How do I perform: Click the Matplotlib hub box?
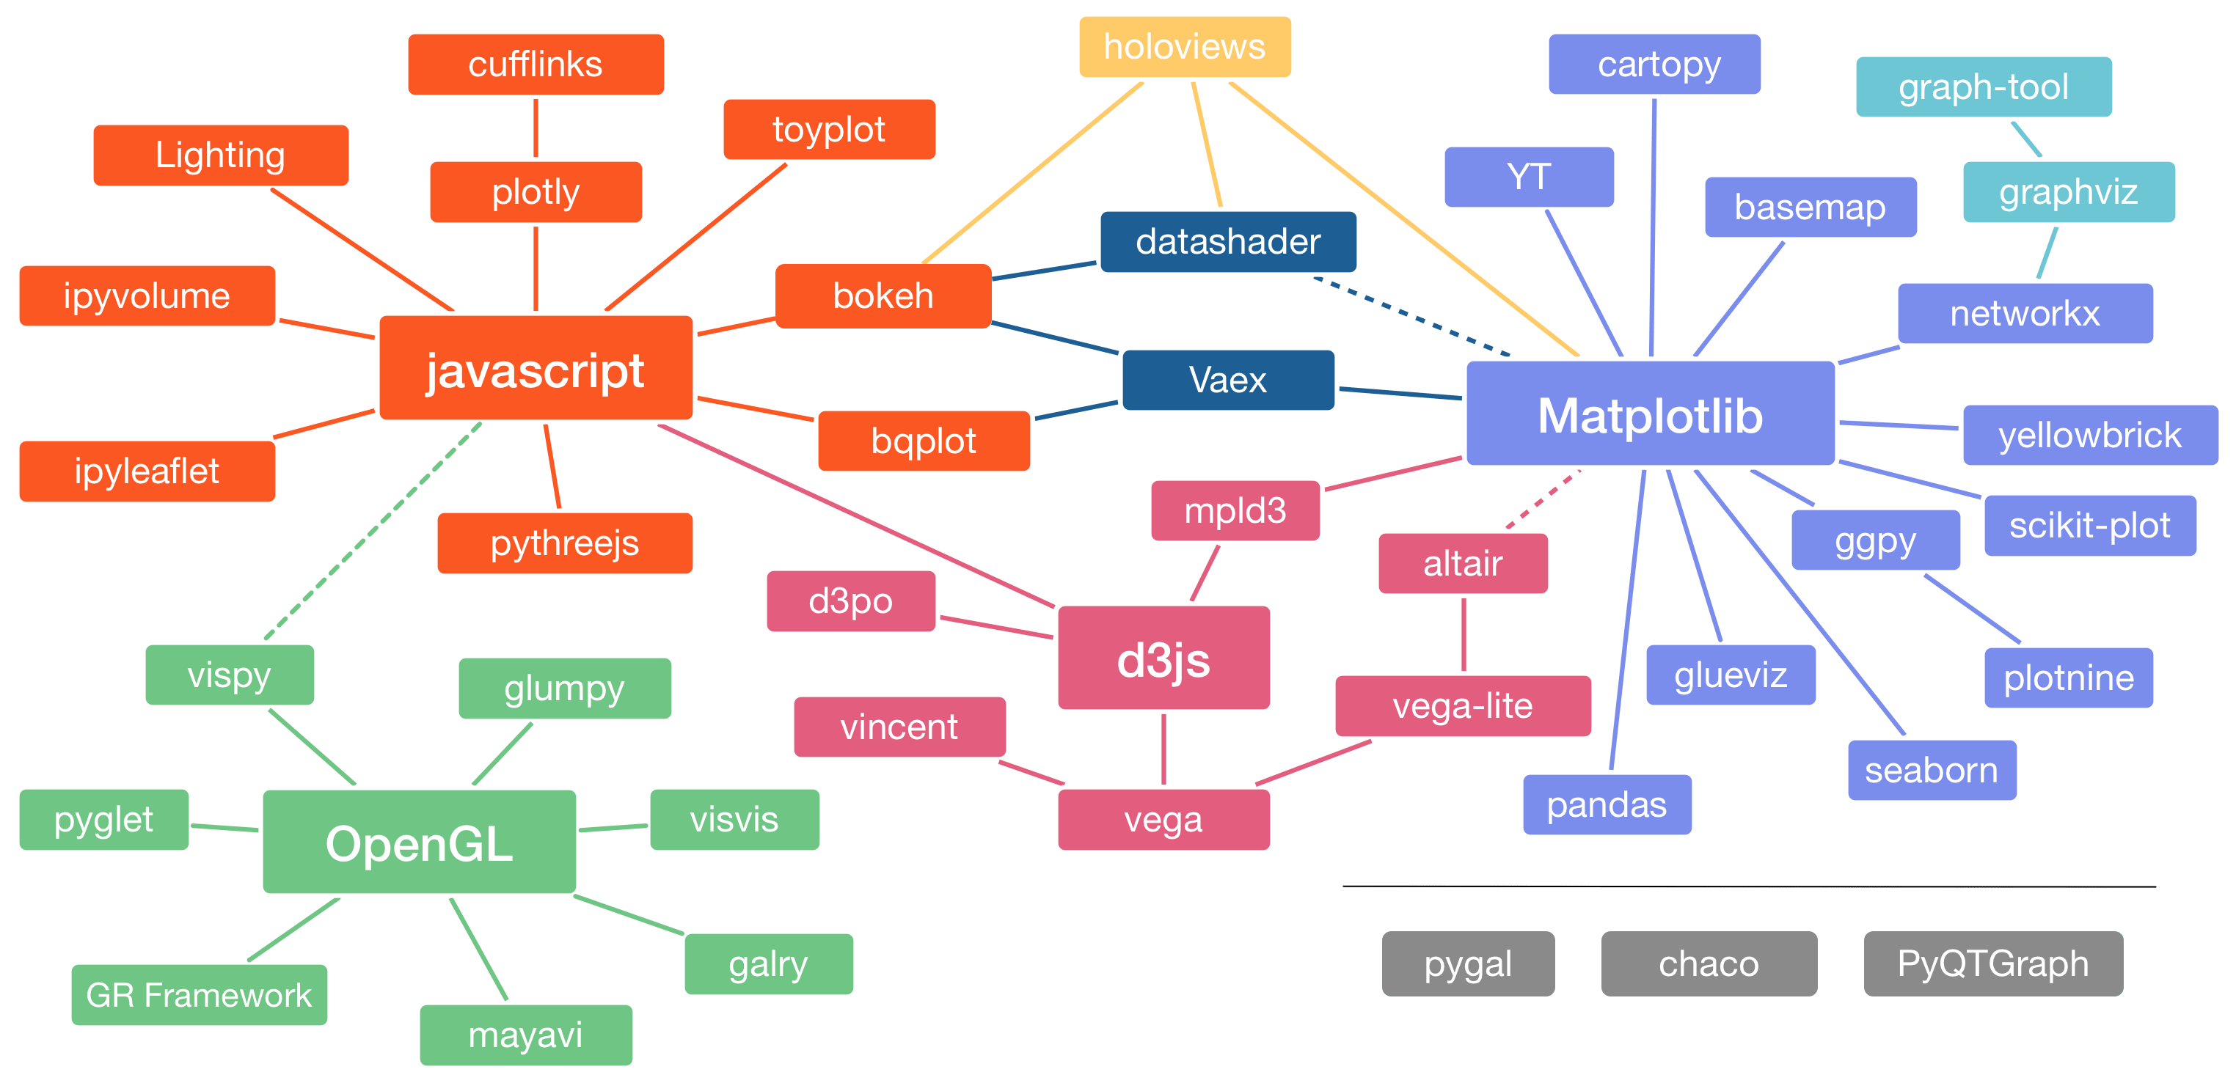1650,414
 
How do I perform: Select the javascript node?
536,369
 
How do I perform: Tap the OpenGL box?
420,842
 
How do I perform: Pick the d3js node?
1163,658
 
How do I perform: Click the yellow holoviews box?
1185,47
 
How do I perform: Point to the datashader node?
1227,241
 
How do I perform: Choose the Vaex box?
1227,380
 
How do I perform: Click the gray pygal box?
1468,963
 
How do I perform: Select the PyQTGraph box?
1993,963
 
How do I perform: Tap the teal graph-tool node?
1984,87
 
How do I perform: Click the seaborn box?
1932,770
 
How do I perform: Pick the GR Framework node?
199,994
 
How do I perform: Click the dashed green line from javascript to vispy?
373,531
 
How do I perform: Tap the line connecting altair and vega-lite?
1464,634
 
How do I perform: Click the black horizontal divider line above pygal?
1749,886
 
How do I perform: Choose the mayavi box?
525,1035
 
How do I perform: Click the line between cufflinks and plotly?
536,128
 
